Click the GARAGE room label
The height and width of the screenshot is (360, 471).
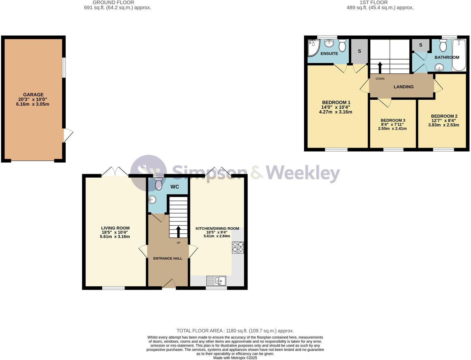pyautogui.click(x=33, y=94)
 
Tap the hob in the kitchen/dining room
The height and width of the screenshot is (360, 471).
pyautogui.click(x=238, y=247)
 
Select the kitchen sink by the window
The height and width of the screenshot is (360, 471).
pyautogui.click(x=216, y=280)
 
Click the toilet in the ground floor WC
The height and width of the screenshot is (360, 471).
pyautogui.click(x=159, y=183)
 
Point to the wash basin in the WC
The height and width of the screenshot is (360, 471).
pyautogui.click(x=152, y=200)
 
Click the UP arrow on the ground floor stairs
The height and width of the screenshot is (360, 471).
pyautogui.click(x=178, y=232)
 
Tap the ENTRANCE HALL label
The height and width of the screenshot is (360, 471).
pyautogui.click(x=168, y=259)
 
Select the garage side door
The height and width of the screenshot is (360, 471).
pyautogui.click(x=68, y=135)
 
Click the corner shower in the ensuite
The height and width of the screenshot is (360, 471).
pyautogui.click(x=313, y=48)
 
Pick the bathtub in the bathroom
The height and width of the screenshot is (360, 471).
pyautogui.click(x=459, y=55)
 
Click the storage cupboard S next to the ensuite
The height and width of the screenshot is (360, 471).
pyautogui.click(x=359, y=51)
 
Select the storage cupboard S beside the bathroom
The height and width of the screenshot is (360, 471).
pyautogui.click(x=421, y=45)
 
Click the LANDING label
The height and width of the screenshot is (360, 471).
pyautogui.click(x=404, y=87)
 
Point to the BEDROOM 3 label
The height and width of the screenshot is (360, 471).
pyautogui.click(x=393, y=120)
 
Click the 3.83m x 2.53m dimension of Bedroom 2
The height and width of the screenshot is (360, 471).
pyautogui.click(x=444, y=125)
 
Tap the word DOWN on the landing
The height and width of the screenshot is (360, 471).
pyautogui.click(x=380, y=79)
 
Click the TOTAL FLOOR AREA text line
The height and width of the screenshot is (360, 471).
pyautogui.click(x=235, y=331)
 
